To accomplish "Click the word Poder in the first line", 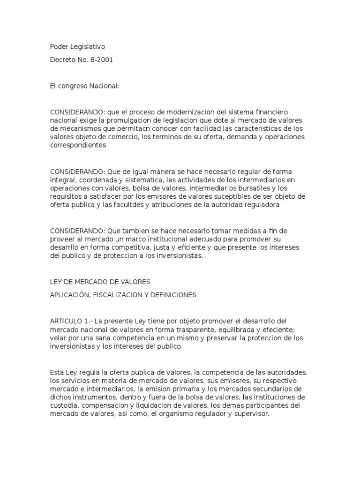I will [x=59, y=47].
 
